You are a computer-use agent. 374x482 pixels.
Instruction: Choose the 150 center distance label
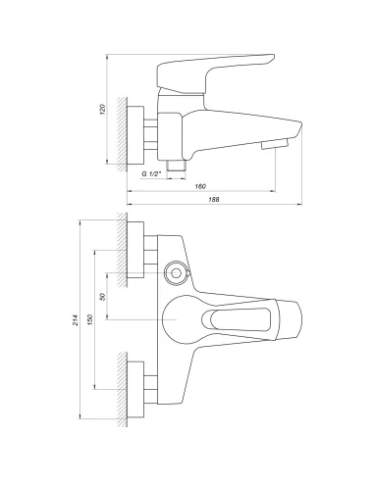tap(91, 320)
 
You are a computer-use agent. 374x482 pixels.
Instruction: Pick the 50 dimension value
tap(105, 296)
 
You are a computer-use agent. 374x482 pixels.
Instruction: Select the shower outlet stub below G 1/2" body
tap(177, 166)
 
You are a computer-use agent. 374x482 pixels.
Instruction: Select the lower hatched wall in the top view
tap(121, 393)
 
